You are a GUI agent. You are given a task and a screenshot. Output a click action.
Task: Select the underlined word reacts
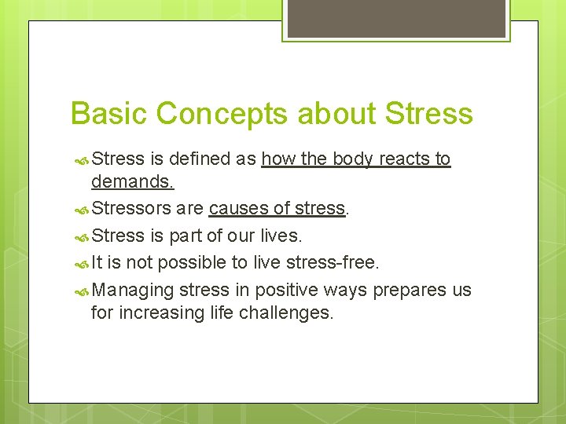pyautogui.click(x=404, y=159)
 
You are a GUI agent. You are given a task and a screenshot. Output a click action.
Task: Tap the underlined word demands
pyautogui.click(x=132, y=183)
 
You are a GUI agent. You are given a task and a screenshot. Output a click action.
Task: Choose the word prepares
pyautogui.click(x=409, y=291)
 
